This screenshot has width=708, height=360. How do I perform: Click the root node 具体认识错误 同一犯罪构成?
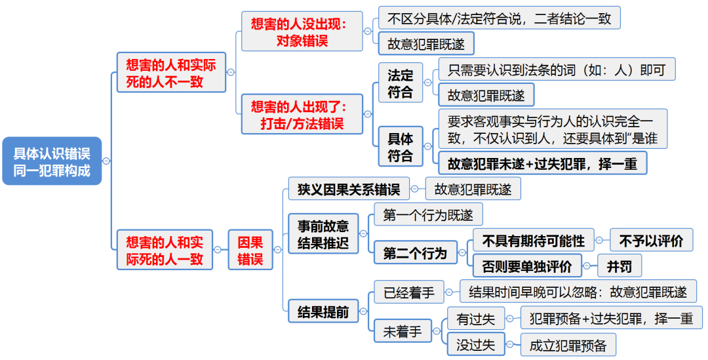point(52,161)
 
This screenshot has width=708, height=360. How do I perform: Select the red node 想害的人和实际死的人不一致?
point(170,72)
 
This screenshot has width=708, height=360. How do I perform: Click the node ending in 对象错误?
point(302,31)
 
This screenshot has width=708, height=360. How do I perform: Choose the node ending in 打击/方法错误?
point(302,113)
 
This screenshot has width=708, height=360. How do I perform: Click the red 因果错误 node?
point(250,250)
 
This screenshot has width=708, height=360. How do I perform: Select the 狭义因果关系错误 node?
point(349,190)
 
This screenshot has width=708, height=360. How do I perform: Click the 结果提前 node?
point(323,311)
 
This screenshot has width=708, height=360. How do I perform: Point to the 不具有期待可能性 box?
point(533,241)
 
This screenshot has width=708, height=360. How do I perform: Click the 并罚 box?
point(619,266)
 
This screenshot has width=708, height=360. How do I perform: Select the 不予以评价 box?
point(650,241)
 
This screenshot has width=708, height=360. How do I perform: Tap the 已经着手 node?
point(409,292)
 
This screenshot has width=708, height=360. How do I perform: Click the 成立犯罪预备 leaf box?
point(568,344)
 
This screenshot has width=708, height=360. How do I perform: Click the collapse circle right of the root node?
point(106,161)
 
